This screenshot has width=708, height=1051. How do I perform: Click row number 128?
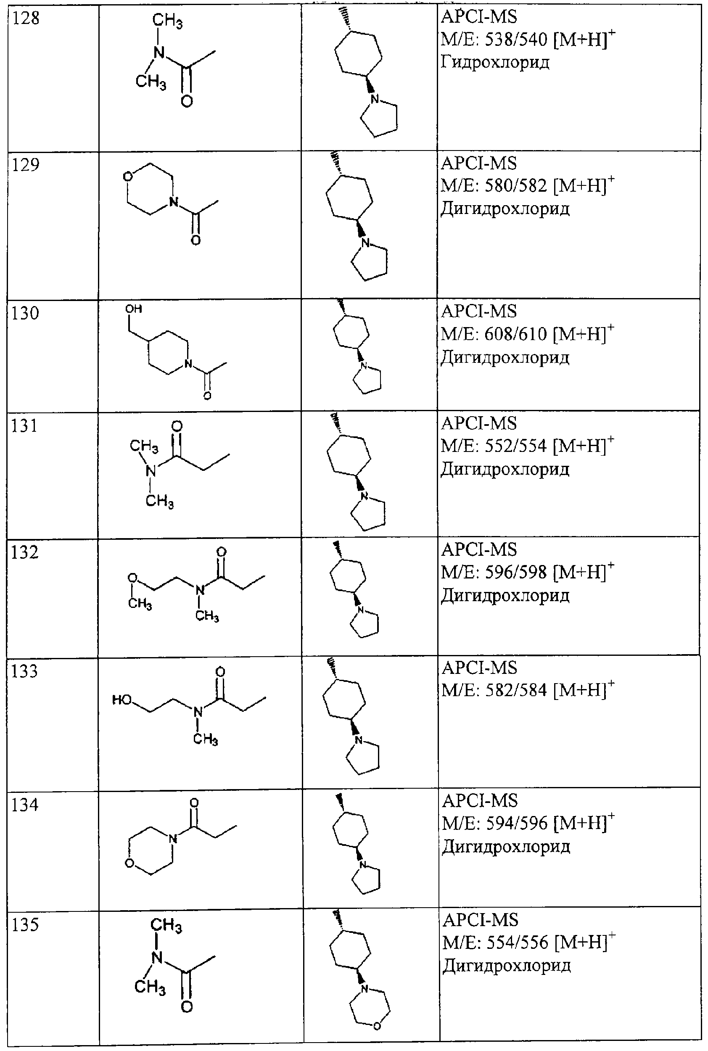[26, 18]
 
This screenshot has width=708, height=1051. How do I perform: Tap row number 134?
[25, 805]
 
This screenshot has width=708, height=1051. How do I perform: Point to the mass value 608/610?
[515, 334]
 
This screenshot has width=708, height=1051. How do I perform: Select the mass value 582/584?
[516, 690]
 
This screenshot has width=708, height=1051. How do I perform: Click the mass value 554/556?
[518, 942]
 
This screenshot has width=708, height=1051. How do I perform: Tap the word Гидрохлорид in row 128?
[495, 62]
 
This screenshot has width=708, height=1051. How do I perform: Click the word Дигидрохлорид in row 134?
[506, 847]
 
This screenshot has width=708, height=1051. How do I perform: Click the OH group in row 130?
[134, 309]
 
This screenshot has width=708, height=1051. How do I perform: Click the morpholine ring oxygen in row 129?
[128, 176]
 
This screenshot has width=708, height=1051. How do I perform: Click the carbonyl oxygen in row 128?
[187, 100]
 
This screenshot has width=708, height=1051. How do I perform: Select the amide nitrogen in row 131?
[151, 471]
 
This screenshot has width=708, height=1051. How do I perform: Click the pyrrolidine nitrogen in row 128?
[374, 99]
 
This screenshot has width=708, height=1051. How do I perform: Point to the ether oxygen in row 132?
[132, 577]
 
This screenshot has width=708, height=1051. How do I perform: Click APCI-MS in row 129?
[478, 163]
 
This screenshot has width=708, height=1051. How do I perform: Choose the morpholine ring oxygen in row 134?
[130, 864]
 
